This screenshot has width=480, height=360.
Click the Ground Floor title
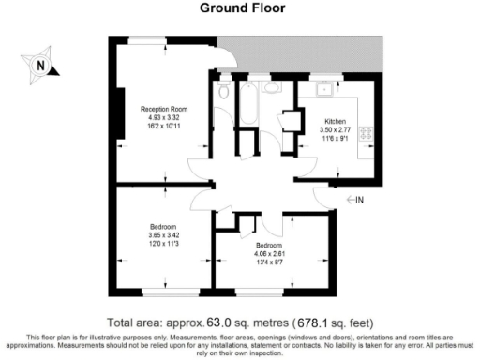tap(239, 8)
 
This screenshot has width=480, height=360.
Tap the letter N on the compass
tap(39, 66)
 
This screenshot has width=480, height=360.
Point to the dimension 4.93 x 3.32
tap(158, 117)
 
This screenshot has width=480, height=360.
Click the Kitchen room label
tap(336, 123)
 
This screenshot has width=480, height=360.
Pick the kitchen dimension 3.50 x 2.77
tap(336, 130)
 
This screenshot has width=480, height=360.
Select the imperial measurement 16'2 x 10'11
tap(158, 125)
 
